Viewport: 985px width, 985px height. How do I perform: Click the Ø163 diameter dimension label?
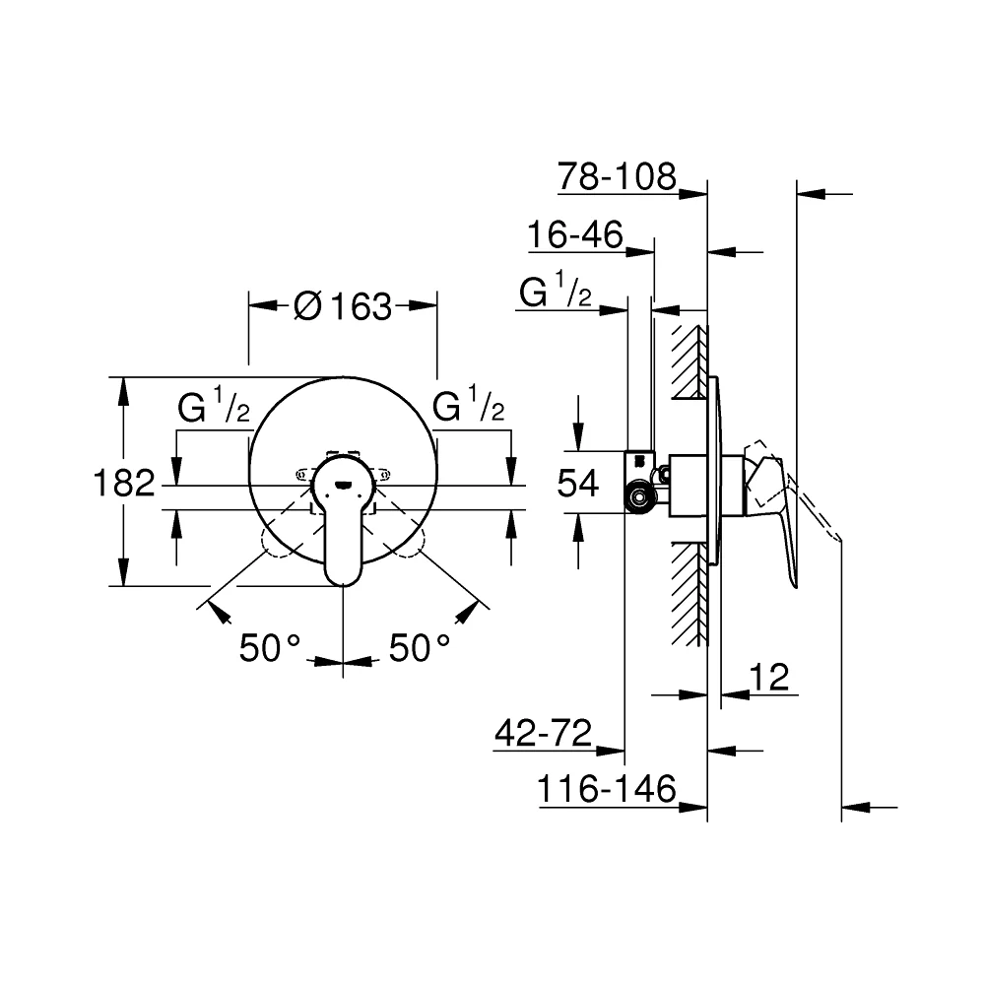click(x=343, y=306)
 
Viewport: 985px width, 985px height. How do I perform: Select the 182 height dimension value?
click(x=124, y=484)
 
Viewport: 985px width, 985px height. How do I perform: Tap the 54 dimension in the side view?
click(x=578, y=484)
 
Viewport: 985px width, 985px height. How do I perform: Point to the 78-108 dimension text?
click(x=617, y=176)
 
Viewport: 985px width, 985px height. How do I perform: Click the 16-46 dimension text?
click(x=575, y=234)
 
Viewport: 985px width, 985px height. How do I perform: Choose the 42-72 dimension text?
click(x=544, y=733)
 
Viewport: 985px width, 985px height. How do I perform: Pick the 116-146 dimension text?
click(x=607, y=788)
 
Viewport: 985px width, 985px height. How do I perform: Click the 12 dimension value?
click(x=769, y=678)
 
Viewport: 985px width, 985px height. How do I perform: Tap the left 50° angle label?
click(x=270, y=648)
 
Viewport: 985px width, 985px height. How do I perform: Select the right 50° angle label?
click(x=420, y=648)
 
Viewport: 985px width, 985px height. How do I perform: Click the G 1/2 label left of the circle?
click(x=214, y=405)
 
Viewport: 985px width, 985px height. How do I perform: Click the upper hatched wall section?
click(x=689, y=361)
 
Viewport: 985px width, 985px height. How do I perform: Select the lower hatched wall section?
click(x=689, y=594)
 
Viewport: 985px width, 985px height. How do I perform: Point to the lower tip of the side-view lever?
click(x=795, y=587)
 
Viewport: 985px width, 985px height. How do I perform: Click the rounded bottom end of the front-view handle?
click(x=343, y=580)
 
